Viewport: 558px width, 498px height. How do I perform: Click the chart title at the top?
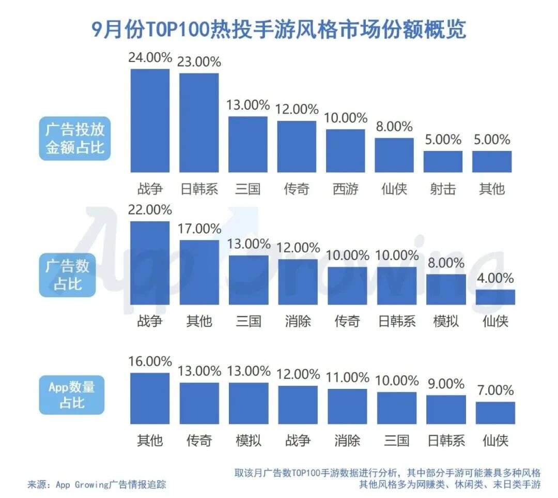click(x=279, y=29)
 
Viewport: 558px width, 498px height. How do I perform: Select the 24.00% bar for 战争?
click(x=150, y=120)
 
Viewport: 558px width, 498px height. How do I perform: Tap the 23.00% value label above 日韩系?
click(x=199, y=62)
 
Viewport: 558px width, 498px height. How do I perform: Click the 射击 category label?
click(x=443, y=189)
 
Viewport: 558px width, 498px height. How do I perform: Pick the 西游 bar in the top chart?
click(x=345, y=150)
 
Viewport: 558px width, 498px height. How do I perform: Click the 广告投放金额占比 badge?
click(x=75, y=138)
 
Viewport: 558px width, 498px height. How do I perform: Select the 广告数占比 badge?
click(x=68, y=275)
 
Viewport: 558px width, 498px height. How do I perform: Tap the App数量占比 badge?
click(x=72, y=395)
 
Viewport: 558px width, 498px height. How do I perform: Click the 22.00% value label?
click(x=150, y=210)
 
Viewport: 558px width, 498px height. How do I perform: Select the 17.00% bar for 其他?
click(x=199, y=272)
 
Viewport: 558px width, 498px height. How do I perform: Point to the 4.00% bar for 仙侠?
click(x=495, y=297)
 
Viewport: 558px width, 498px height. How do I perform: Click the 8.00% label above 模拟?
click(x=446, y=263)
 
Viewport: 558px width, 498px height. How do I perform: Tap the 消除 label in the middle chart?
click(x=298, y=321)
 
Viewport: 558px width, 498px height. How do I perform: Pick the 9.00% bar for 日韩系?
click(x=446, y=409)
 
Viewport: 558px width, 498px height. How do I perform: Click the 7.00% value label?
click(x=495, y=390)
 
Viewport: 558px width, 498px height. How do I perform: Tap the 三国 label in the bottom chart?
click(x=397, y=440)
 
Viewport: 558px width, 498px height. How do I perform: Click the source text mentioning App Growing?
click(x=97, y=485)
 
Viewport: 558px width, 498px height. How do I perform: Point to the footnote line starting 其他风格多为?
click(x=450, y=485)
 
